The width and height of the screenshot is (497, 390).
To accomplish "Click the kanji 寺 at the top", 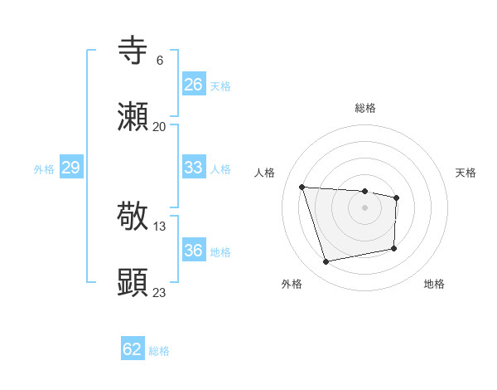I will (133, 50).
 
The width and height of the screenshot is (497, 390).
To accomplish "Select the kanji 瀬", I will (133, 117).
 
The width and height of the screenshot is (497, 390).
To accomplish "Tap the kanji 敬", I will (133, 217).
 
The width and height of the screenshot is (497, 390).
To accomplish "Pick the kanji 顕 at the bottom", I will (133, 282).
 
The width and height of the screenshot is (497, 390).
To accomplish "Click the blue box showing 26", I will (194, 85).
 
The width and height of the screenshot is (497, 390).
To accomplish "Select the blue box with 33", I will (194, 168).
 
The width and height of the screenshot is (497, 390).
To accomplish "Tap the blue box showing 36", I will (194, 251).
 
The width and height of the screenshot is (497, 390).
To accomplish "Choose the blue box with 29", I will (71, 168).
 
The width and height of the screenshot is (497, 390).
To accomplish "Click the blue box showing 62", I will (133, 349).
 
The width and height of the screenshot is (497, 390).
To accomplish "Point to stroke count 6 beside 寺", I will (160, 61).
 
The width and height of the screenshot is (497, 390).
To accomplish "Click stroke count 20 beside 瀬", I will (160, 127).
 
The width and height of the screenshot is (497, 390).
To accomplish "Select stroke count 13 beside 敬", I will (160, 226).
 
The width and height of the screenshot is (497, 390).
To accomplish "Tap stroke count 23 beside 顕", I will (160, 292).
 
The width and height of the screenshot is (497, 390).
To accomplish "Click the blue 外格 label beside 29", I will (44, 168).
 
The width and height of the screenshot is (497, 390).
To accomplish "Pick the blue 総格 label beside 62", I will (159, 350).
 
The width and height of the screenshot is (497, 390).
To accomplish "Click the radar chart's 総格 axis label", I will (364, 108).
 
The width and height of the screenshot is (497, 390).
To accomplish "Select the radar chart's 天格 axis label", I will (466, 173).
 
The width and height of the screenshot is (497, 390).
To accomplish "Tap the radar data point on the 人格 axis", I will (302, 187).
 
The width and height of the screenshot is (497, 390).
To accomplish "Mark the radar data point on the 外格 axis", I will (326, 262).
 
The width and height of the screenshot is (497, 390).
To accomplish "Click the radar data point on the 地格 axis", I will (394, 248).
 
